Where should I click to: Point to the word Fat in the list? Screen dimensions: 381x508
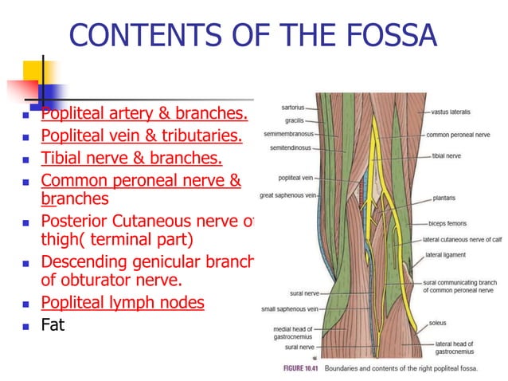pyautogui.click(x=53, y=325)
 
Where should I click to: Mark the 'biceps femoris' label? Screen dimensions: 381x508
pyautogui.click(x=447, y=224)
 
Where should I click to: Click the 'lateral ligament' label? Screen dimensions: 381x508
pyautogui.click(x=445, y=255)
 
